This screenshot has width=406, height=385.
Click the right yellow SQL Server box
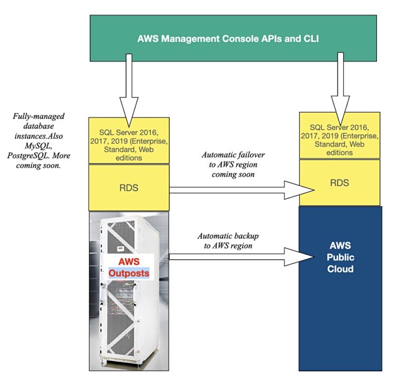[339, 135]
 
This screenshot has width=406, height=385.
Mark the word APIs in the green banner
[255, 38]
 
